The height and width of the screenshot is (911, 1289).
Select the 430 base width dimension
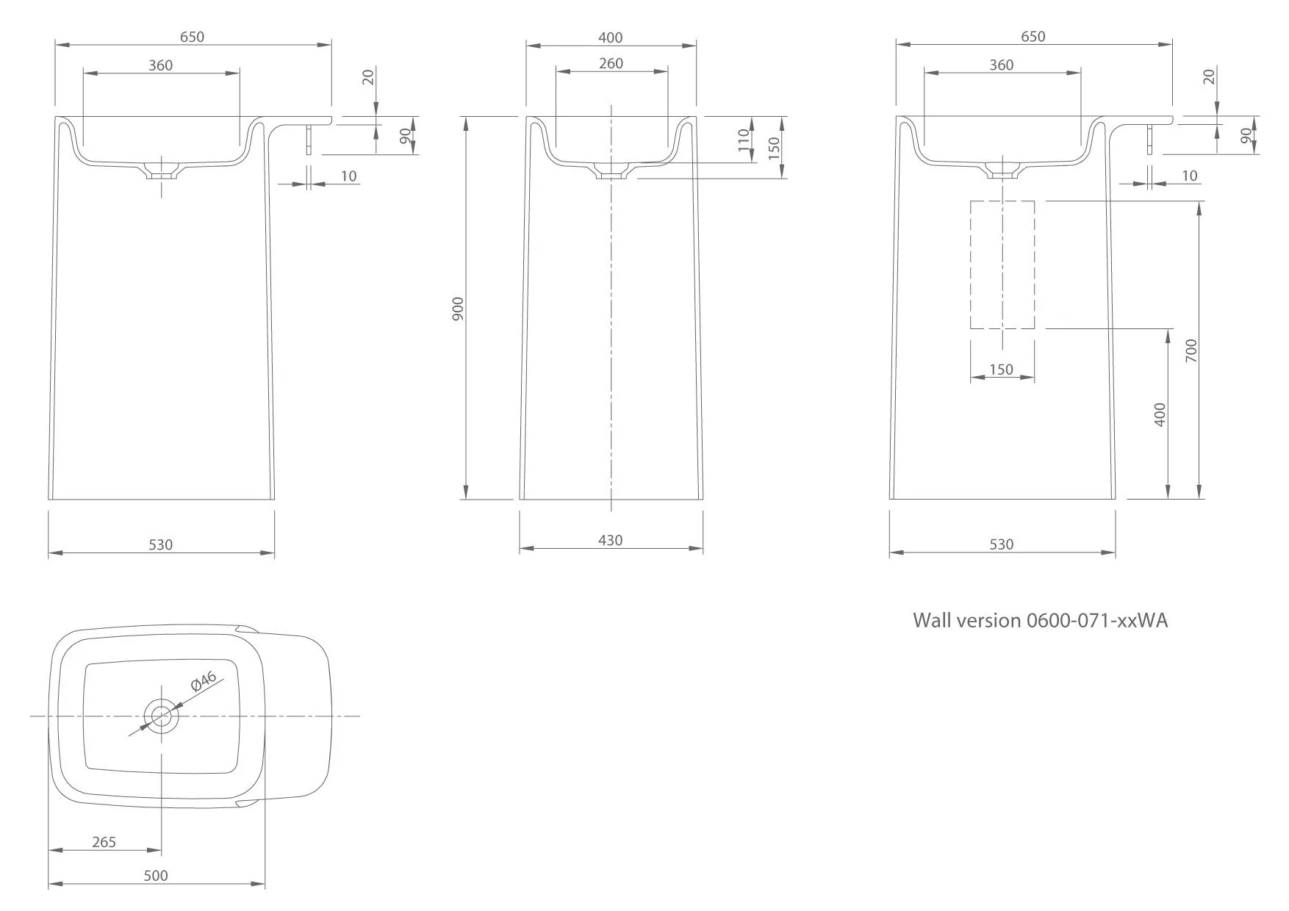[610, 540]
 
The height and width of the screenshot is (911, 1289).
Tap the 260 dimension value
[611, 63]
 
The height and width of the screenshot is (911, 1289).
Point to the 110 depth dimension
[744, 140]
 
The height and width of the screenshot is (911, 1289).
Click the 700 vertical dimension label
[1191, 350]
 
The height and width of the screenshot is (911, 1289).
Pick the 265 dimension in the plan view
[104, 842]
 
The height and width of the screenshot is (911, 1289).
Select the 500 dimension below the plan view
[156, 875]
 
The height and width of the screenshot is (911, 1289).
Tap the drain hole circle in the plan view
[161, 715]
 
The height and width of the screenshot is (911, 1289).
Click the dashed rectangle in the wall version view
[1002, 264]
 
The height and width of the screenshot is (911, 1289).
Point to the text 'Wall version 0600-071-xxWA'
[1040, 620]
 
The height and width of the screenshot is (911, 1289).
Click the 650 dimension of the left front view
[192, 37]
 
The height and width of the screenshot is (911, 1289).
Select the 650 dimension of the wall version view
[1033, 37]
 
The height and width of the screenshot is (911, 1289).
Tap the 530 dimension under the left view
[160, 544]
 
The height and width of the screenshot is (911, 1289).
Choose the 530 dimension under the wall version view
[1002, 544]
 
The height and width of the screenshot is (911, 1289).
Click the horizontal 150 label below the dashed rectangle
[1002, 370]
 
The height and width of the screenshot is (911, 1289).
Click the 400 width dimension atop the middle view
[611, 37]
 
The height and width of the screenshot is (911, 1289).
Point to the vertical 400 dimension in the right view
[1160, 415]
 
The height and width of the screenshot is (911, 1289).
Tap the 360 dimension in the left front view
[160, 65]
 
